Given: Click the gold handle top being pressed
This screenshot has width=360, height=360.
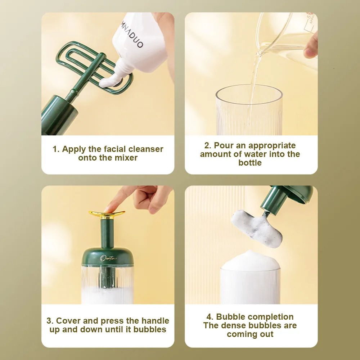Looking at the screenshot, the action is [107, 214].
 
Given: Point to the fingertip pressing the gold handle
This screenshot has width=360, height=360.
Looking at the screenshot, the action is [109, 208].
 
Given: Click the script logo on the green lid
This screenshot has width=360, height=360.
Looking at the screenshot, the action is [108, 258].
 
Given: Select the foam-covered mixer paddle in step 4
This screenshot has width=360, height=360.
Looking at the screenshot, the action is [257, 228].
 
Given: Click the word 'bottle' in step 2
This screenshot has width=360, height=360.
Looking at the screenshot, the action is [250, 163].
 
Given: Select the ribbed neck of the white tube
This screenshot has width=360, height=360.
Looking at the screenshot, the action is [123, 66].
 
